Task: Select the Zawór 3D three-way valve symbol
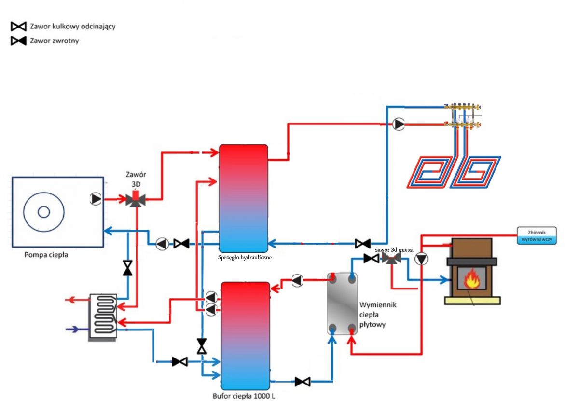pos(136,199)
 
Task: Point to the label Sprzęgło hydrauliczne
pos(245,257)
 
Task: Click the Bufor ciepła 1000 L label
pos(244,397)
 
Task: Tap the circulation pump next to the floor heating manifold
pos(399,124)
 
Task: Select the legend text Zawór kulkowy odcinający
pos(72,26)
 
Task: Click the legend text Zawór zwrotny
pos(54,41)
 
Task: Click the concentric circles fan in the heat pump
pos(43,212)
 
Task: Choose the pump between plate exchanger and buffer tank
pos(298,280)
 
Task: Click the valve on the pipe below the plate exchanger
pos(303,382)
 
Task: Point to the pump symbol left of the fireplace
pos(422,259)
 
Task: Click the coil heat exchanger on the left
pos(103,316)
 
